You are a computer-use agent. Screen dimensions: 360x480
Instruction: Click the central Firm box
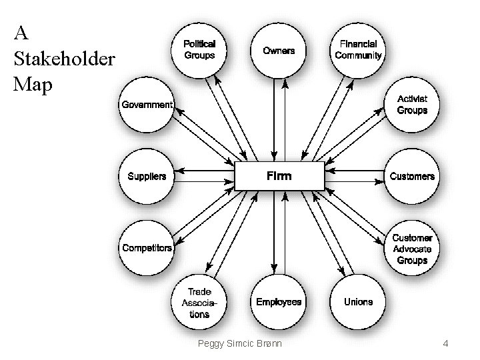[x=279, y=177]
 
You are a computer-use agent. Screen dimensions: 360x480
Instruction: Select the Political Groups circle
[x=199, y=51]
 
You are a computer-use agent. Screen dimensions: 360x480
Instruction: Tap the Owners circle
[x=279, y=51]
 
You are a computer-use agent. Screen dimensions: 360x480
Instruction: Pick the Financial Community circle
[x=358, y=51]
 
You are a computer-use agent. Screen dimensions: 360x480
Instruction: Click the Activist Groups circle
[x=412, y=105]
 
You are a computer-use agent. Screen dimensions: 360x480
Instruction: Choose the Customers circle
[x=412, y=177]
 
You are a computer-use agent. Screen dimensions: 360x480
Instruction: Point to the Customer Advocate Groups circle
[x=412, y=249]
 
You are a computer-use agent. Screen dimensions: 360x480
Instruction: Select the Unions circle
[x=358, y=302]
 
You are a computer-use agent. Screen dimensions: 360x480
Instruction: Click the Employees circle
[x=279, y=302]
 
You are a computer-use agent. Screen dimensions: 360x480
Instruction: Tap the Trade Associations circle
[x=199, y=303]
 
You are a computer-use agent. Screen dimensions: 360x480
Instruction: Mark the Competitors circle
[x=147, y=248]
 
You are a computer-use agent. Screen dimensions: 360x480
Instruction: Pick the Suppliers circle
[x=147, y=177]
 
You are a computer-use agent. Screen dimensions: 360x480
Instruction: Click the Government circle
[x=147, y=105]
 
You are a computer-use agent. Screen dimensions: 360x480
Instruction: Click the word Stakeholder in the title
[x=65, y=60]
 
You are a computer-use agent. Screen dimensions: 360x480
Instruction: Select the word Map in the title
[x=33, y=85]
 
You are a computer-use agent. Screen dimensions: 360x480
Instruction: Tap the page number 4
[x=446, y=344]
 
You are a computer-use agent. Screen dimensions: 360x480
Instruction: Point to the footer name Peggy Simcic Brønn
[x=240, y=344]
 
